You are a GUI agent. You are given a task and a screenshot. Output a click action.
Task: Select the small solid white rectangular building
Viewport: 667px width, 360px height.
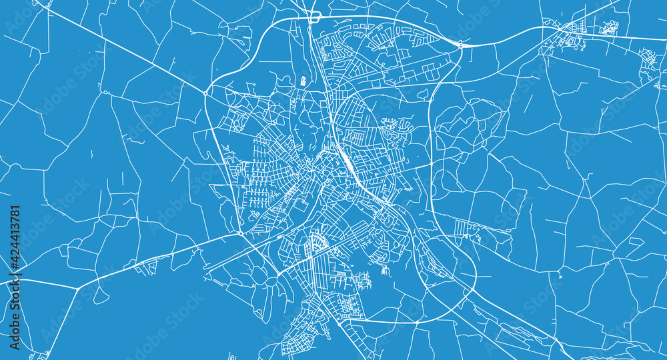(x=303, y=81)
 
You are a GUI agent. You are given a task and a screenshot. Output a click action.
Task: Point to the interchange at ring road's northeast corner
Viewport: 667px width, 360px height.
(x=460, y=44)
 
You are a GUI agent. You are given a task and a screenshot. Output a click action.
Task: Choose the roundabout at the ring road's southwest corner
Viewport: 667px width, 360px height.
(x=240, y=234)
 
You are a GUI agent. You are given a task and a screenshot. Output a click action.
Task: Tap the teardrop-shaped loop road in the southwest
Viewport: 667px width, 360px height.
(x=99, y=294)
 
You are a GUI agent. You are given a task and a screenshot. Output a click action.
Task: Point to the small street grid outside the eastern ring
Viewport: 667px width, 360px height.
(x=466, y=229)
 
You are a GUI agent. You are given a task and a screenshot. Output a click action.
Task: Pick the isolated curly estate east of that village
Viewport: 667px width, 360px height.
(x=608, y=27)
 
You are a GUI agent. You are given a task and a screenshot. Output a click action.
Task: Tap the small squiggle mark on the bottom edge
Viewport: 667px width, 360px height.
(x=232, y=355)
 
